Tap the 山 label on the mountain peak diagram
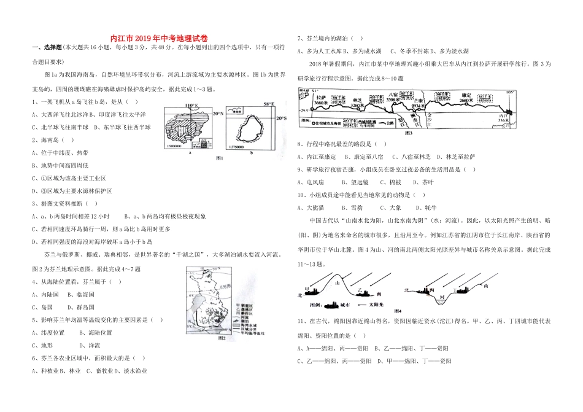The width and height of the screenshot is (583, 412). (338, 284)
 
